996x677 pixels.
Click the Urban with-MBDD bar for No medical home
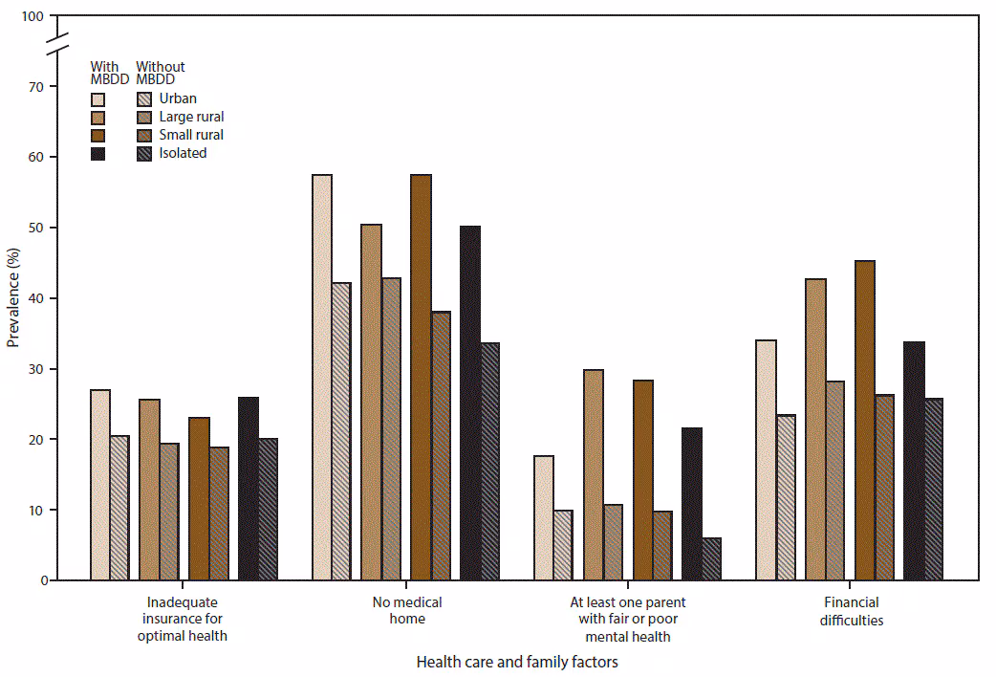(x=322, y=378)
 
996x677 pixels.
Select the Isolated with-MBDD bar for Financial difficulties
(x=915, y=461)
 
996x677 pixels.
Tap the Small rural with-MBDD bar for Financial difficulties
(x=865, y=421)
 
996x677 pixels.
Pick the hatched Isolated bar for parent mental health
(x=711, y=559)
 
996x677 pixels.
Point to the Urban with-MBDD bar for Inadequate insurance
(x=100, y=485)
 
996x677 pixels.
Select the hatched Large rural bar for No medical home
(x=391, y=429)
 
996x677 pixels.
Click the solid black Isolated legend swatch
(x=98, y=153)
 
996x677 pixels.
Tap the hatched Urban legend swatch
(x=144, y=98)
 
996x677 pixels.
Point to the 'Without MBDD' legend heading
(x=161, y=73)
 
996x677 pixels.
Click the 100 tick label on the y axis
(x=33, y=16)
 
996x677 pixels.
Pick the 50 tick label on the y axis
(x=36, y=228)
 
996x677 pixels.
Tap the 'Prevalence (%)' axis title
(x=12, y=298)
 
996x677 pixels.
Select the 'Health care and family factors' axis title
(x=517, y=662)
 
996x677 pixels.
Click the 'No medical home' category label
(x=408, y=610)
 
